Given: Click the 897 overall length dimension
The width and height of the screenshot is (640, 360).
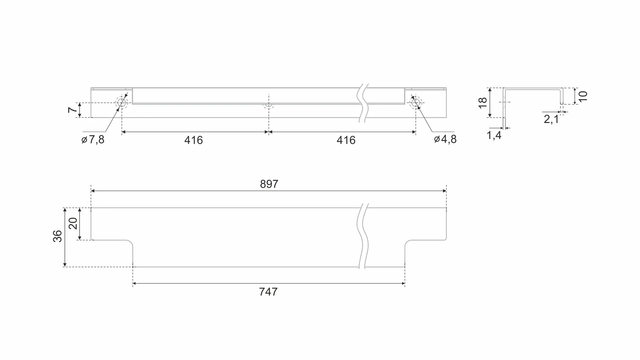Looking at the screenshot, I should click(269, 184).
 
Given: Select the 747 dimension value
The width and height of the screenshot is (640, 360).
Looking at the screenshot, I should click(268, 292).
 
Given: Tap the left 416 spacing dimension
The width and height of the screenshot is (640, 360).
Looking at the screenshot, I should click(193, 140).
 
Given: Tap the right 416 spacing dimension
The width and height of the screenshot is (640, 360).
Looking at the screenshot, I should click(346, 140).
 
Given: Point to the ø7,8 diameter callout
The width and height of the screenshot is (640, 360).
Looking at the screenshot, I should click(93, 140).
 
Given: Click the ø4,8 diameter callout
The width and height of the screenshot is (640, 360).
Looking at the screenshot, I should click(445, 139).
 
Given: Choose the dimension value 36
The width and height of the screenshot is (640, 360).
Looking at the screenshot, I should click(58, 236).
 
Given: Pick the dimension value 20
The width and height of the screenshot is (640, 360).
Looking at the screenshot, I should click(73, 223).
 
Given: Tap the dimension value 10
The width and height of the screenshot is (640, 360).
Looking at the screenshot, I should click(583, 96).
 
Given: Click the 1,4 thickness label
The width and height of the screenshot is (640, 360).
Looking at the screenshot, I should click(494, 135).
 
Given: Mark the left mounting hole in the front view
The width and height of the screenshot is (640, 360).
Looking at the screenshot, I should click(122, 103).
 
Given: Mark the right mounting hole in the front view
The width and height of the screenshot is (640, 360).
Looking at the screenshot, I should click(415, 103).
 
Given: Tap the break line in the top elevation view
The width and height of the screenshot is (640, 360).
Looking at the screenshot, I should click(363, 103).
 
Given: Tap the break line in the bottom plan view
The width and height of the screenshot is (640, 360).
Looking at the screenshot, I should click(363, 237).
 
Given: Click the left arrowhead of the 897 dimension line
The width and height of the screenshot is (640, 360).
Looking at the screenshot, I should click(93, 191).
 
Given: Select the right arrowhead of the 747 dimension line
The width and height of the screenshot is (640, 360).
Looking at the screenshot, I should click(403, 284).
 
